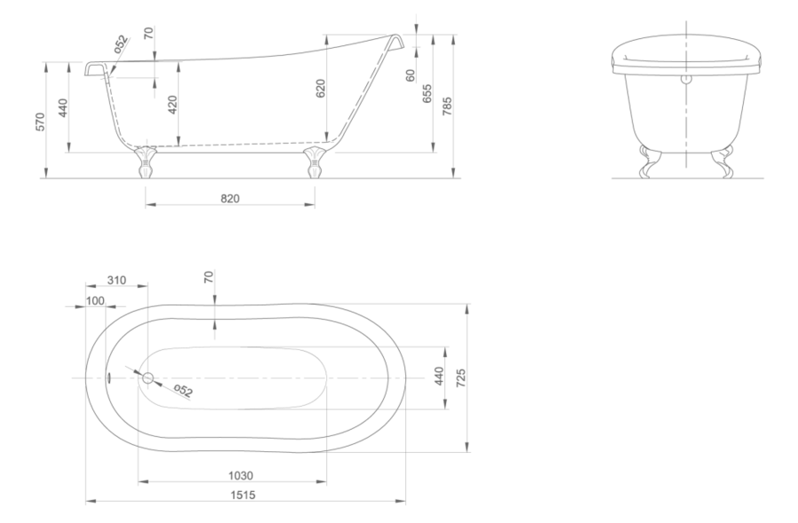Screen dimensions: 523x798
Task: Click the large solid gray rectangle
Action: tap(634, 379)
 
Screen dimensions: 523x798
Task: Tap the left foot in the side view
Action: tap(144, 166)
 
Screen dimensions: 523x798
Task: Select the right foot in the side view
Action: tap(317, 166)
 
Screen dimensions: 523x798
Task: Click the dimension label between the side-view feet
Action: tap(230, 197)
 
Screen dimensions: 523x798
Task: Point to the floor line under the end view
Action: tap(687, 182)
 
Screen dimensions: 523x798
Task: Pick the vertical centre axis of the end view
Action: tap(685, 98)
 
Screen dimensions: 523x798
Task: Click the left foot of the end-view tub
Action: tap(651, 165)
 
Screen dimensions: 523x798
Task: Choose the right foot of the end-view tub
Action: tap(725, 163)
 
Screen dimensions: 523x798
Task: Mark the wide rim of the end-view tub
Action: tap(687, 60)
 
